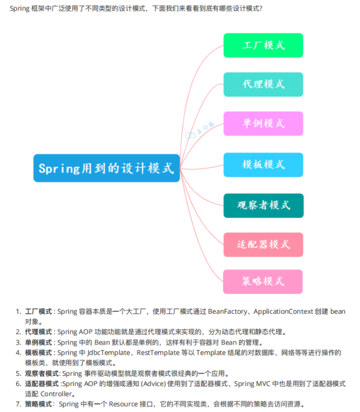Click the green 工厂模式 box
coord(263,45)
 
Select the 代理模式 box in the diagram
coord(263,84)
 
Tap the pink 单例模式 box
coord(263,123)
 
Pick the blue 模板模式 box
coord(263,164)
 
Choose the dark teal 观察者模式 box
coord(263,205)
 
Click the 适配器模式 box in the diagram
coord(263,245)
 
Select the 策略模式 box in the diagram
coord(263,281)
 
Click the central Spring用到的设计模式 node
coord(106,168)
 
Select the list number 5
coord(18,373)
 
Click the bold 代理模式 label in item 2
coord(38,332)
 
